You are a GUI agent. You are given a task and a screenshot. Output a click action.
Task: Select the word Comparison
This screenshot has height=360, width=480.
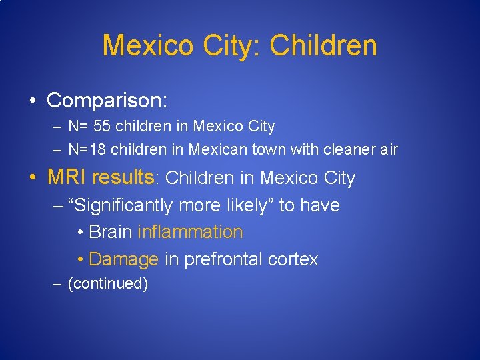pyautogui.click(x=107, y=101)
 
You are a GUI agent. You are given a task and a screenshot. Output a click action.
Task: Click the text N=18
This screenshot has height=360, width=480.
pyautogui.click(x=88, y=149)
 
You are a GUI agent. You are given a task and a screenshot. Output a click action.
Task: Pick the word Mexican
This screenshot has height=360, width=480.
pyautogui.click(x=219, y=149)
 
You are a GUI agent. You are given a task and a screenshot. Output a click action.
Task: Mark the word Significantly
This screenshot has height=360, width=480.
pyautogui.click(x=126, y=205)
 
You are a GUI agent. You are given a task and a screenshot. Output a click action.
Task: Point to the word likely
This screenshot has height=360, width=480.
pyautogui.click(x=244, y=205)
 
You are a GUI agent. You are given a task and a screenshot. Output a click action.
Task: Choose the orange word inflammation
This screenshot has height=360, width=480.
pyautogui.click(x=190, y=232)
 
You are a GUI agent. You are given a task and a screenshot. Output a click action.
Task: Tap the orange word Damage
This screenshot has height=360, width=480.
pyautogui.click(x=123, y=259)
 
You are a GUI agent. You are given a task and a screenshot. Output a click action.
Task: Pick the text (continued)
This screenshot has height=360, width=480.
pyautogui.click(x=108, y=284)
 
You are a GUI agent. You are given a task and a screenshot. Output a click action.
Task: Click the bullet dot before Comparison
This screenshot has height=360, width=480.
pyautogui.click(x=32, y=101)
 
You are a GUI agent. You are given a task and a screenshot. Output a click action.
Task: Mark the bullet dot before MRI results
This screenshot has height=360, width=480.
pyautogui.click(x=32, y=179)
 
